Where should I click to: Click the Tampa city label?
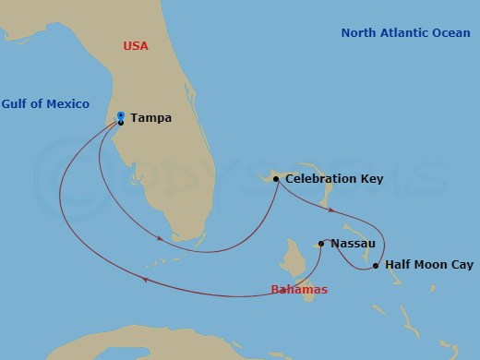coord(150,118)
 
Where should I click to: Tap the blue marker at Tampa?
coord(121,115)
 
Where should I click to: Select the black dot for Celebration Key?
coord(275,179)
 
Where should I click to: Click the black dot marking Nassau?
coord(321,244)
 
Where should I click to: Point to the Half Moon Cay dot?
coord(375,266)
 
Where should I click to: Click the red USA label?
coord(137,45)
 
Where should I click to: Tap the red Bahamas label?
coord(299,289)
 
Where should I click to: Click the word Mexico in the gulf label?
coord(60,104)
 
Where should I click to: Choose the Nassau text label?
coord(352,244)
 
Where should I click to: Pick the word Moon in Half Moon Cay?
coord(428,265)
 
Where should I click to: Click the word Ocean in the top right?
coord(451,32)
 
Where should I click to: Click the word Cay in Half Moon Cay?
coord(461,265)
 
